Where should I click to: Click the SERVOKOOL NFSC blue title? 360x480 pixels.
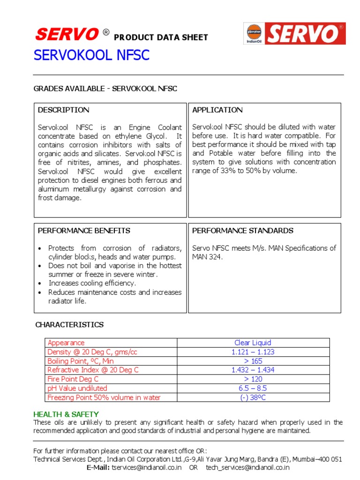91,56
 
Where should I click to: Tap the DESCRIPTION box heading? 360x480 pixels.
63,110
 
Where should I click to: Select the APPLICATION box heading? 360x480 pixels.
217,110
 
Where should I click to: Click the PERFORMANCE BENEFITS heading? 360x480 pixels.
84,231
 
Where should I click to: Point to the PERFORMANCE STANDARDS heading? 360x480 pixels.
243,231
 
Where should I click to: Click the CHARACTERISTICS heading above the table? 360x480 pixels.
69,325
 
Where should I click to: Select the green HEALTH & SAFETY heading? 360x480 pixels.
66,414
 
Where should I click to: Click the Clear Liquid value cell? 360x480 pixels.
253,343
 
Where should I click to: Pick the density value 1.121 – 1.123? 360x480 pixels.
253,352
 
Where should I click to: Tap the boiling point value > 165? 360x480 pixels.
253,361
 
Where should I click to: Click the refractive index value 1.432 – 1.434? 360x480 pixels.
253,370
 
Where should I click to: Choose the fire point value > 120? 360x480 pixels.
253,379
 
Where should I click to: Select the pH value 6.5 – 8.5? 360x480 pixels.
253,388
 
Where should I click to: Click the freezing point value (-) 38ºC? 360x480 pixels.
253,397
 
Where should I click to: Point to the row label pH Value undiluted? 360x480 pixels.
77,388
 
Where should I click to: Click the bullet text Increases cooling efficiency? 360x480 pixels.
92,283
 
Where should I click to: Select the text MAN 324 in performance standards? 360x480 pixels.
206,257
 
